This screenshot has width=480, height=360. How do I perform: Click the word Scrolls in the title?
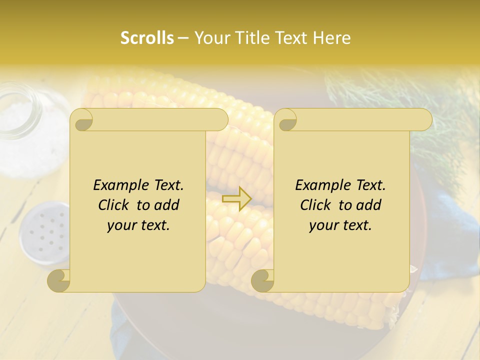click(147, 38)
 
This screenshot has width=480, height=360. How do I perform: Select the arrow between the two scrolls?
click(237, 198)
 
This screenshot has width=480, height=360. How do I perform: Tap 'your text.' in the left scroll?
click(138, 225)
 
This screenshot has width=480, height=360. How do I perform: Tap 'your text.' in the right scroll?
click(340, 225)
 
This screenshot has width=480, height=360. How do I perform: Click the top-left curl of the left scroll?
click(82, 120)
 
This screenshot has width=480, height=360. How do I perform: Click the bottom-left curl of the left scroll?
click(59, 280)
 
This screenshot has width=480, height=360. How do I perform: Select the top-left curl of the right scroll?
click(285, 120)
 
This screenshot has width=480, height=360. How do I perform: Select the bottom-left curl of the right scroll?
click(262, 280)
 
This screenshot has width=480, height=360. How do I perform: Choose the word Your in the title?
click(210, 38)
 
